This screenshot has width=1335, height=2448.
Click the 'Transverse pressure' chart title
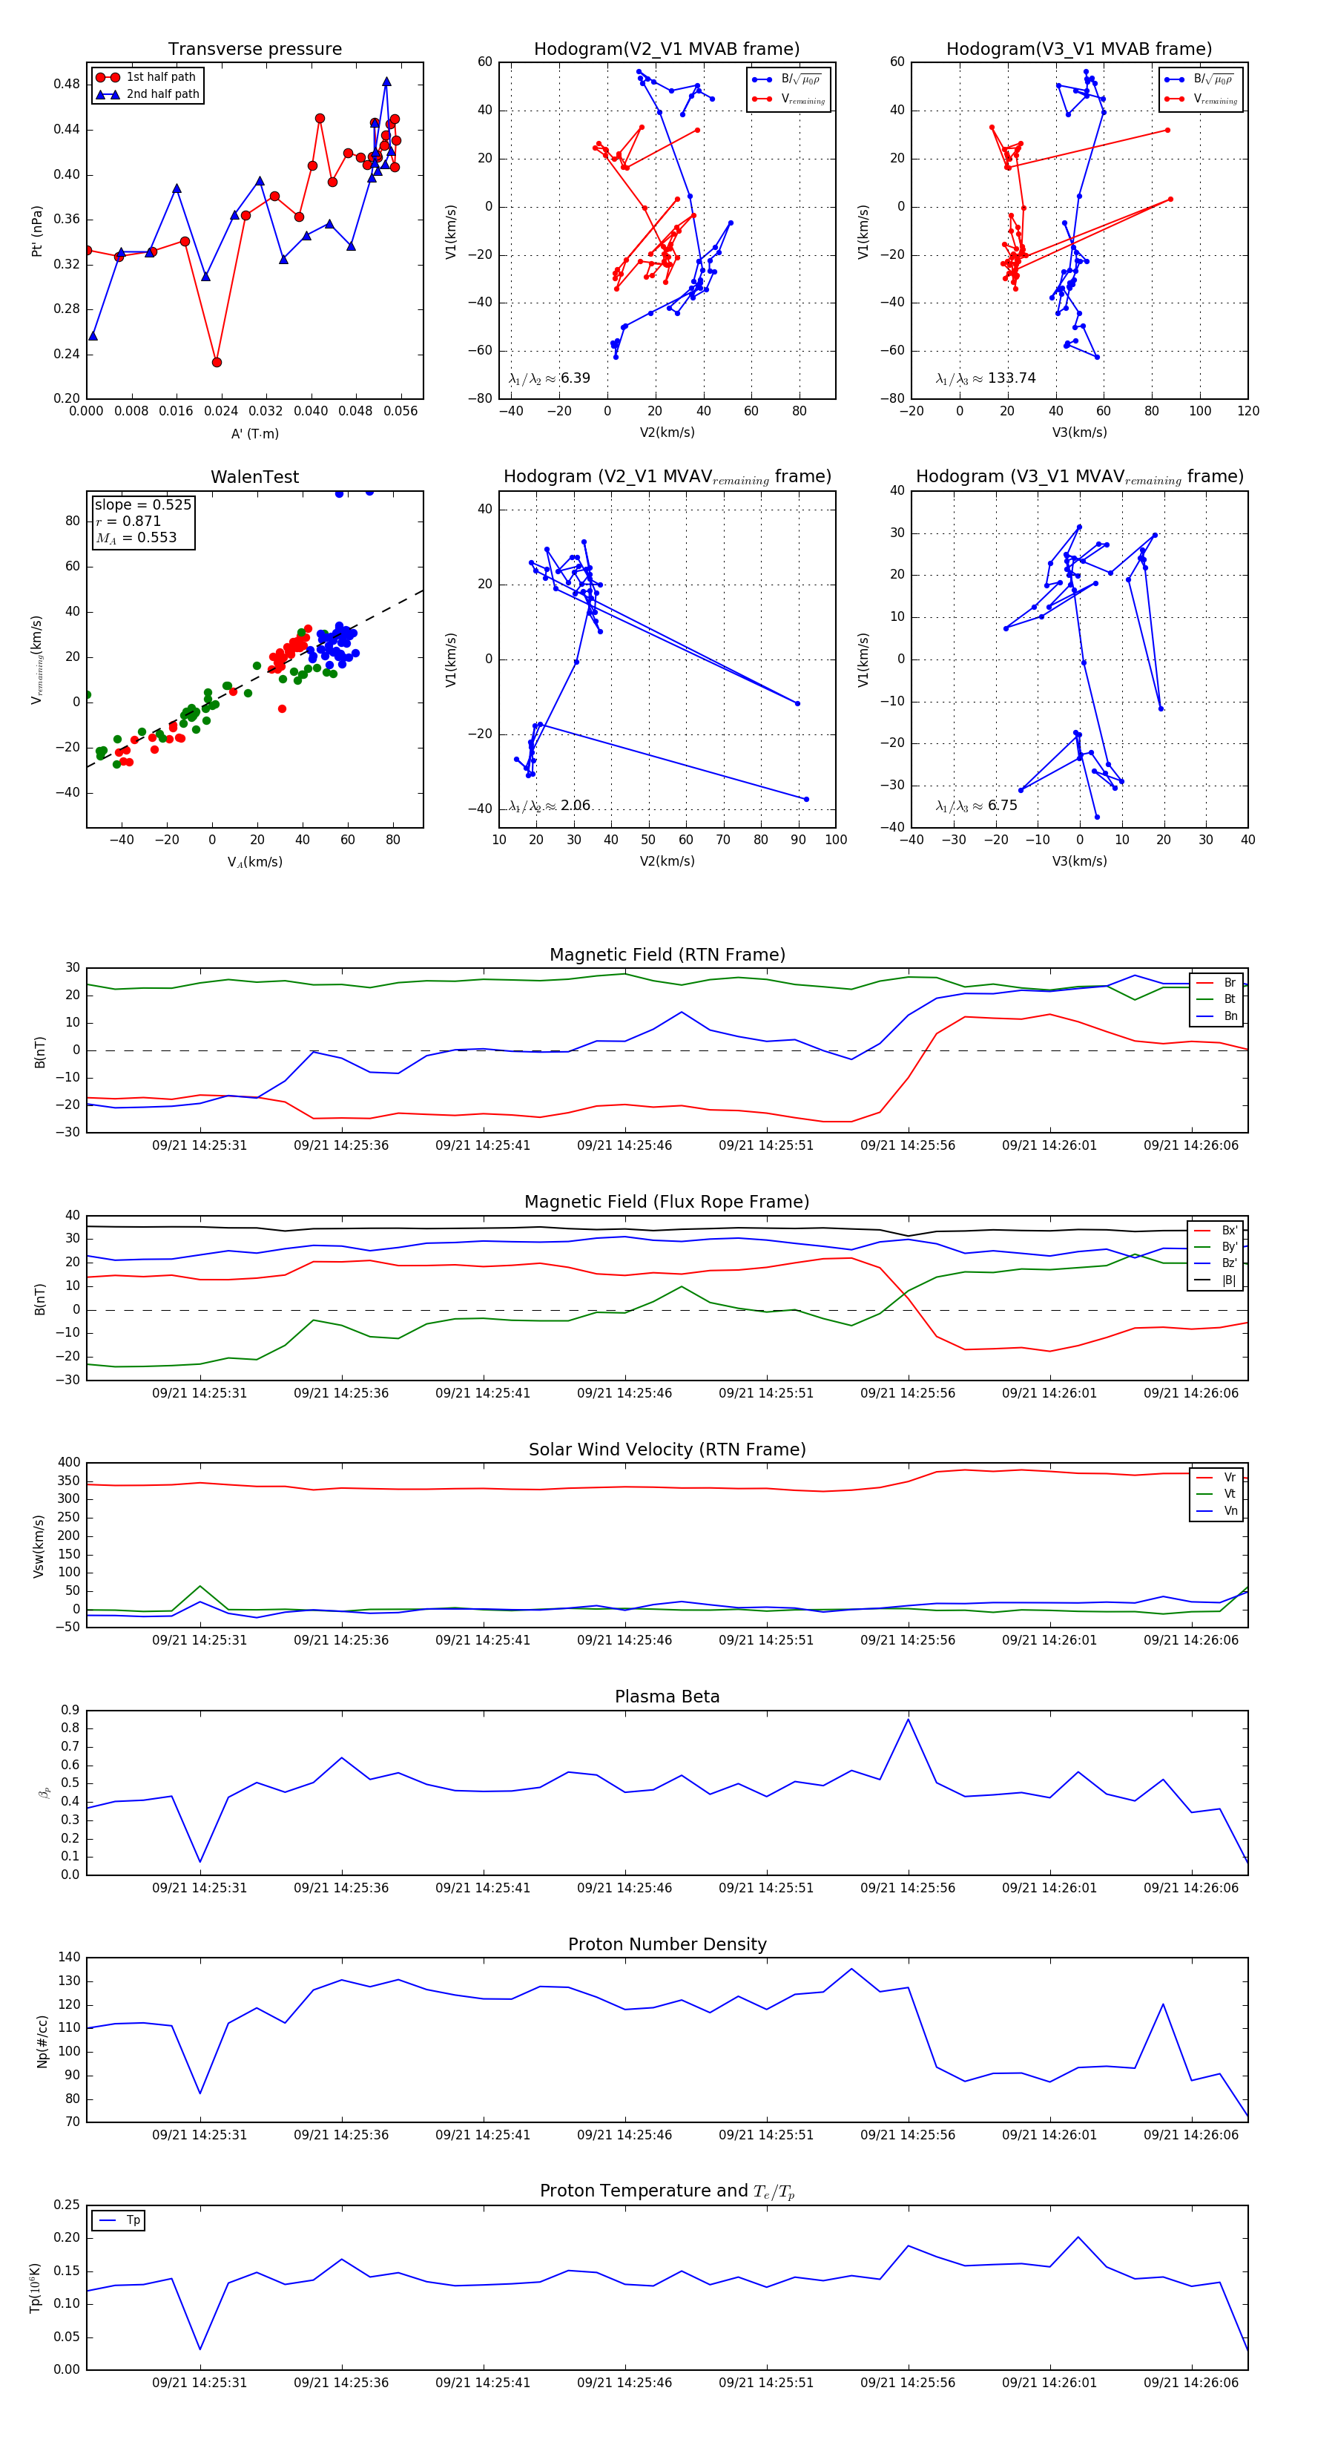(x=254, y=50)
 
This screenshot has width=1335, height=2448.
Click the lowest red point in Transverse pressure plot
(x=217, y=362)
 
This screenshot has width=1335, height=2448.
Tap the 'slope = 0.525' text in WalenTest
(x=142, y=504)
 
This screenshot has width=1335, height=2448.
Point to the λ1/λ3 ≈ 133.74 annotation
(x=986, y=378)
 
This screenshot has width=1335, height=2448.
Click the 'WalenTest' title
(x=254, y=477)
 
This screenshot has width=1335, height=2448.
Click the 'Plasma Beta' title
(x=667, y=1697)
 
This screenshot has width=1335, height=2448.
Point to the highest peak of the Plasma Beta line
(x=907, y=1719)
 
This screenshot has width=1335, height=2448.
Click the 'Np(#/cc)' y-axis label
(x=42, y=2040)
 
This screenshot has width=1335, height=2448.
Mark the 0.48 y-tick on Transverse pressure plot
(x=67, y=84)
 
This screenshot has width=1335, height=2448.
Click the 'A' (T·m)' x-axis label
(x=254, y=433)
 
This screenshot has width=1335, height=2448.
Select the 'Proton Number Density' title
(x=667, y=1944)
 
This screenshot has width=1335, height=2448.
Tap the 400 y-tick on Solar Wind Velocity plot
(x=68, y=1463)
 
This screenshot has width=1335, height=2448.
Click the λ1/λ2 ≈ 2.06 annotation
(x=549, y=806)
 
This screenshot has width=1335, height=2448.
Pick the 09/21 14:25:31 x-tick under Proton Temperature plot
(x=200, y=2383)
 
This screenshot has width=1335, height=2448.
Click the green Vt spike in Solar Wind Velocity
(x=200, y=1586)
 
